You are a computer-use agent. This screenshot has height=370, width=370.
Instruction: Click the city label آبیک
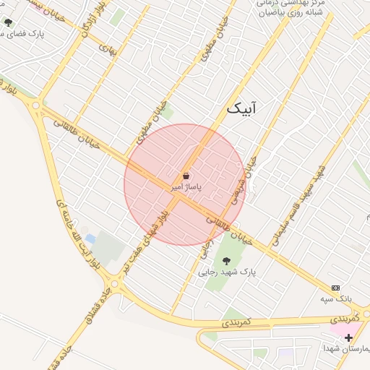click(x=241, y=108)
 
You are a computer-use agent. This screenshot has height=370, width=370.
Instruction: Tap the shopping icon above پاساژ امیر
click(x=186, y=176)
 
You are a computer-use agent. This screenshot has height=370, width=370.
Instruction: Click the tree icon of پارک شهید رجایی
click(x=226, y=260)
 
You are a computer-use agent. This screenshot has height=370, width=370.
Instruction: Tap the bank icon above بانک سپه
click(x=335, y=288)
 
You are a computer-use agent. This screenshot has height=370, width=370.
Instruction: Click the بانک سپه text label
click(x=337, y=298)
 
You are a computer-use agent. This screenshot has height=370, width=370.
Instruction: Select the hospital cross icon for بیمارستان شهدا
click(x=348, y=337)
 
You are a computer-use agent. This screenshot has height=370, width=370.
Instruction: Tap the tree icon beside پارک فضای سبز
click(x=8, y=23)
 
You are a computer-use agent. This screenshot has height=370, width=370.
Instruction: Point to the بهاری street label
click(x=106, y=50)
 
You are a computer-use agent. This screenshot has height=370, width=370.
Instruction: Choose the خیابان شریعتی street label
click(x=244, y=181)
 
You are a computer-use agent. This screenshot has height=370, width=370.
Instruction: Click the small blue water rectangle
click(x=90, y=238)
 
